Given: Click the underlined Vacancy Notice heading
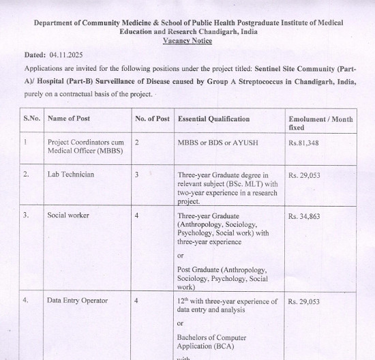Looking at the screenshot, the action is [187, 41].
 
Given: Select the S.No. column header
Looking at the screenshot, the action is [32, 119].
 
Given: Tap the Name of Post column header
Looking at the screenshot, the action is [68, 119].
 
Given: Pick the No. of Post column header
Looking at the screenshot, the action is [152, 119].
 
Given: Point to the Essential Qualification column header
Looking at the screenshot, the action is [213, 119].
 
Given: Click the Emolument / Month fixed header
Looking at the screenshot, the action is [320, 123].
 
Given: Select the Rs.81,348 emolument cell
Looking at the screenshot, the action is [304, 142].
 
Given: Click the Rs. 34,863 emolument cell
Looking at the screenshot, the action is [305, 216].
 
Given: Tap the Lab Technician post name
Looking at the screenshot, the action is [71, 175].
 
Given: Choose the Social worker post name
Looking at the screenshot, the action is [68, 215].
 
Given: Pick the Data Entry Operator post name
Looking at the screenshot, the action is [78, 300].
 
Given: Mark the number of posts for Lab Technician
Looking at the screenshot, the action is [137, 175].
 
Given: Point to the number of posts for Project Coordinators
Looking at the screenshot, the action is [137, 142].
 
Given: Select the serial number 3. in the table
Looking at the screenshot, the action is [26, 215].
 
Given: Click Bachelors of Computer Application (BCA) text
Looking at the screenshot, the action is [212, 342].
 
